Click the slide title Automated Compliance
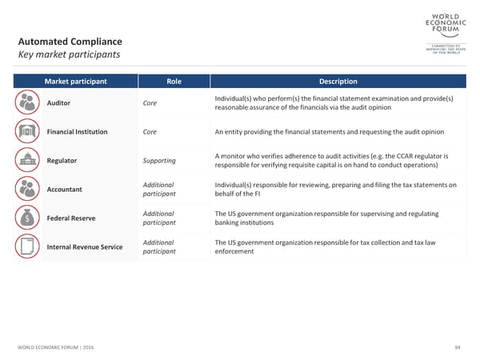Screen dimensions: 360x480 [x=70, y=41]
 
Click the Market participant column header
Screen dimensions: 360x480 [x=77, y=81]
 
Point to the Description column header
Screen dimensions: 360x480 [x=338, y=81]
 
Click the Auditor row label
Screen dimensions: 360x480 [x=60, y=103]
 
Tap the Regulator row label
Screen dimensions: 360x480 [x=62, y=161]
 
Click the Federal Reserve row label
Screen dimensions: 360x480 [x=70, y=218]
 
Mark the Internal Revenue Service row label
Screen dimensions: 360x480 [x=85, y=246]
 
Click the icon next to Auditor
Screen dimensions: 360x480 [x=27, y=103]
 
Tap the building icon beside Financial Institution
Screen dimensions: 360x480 [x=27, y=131]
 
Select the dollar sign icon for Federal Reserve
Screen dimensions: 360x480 [x=27, y=218]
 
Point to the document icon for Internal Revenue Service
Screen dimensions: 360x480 [x=27, y=246]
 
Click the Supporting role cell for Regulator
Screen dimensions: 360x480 [x=159, y=161]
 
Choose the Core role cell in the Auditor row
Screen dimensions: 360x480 [x=150, y=103]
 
